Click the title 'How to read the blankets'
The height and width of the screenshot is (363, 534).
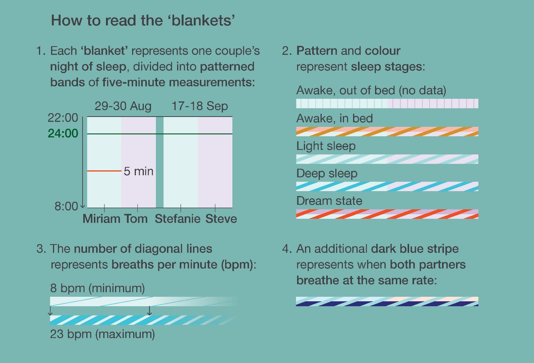(143, 20)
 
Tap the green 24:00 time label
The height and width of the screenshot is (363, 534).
(63, 133)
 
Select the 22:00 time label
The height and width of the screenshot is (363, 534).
(63, 118)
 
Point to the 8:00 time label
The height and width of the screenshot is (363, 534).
(66, 206)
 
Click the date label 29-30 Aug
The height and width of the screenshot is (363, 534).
(123, 106)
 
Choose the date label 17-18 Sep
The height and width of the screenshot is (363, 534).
(200, 106)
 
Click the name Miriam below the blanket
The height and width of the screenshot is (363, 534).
(101, 219)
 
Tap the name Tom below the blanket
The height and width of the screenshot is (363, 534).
(136, 219)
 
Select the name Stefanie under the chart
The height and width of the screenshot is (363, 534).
(177, 219)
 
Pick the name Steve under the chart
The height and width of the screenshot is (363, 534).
(221, 219)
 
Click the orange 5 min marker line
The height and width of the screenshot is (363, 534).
(104, 171)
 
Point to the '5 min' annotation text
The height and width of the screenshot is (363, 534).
(139, 171)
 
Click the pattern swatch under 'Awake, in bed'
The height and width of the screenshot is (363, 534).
(387, 131)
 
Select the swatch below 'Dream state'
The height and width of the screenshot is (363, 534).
(387, 214)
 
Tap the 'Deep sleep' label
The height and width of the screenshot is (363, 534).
(327, 174)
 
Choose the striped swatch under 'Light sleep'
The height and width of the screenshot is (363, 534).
(387, 159)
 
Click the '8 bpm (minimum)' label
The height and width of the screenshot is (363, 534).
(98, 288)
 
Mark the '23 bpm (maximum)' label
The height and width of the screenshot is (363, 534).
(103, 334)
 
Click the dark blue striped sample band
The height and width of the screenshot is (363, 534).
(387, 301)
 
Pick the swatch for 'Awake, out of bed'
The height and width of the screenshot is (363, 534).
(387, 103)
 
